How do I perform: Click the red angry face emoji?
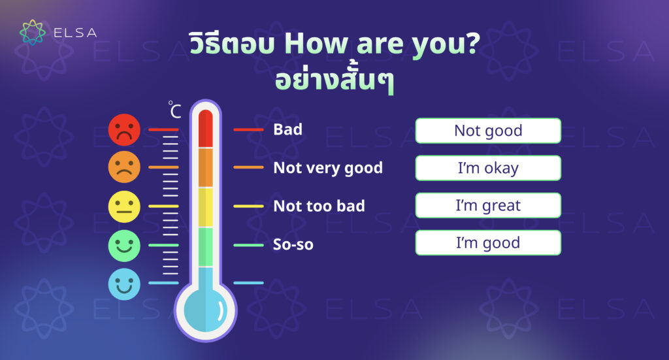[124, 129]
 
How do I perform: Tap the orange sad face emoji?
[124, 167]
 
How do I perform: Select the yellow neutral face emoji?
[124, 206]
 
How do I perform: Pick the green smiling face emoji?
[124, 246]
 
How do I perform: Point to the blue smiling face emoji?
[124, 284]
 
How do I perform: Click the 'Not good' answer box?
[488, 131]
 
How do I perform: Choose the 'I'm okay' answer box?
[488, 168]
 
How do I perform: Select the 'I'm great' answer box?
[488, 205]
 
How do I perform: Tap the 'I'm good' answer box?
[488, 242]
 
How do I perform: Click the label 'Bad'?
[288, 129]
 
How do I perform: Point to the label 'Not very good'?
[328, 168]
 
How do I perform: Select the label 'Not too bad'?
[319, 206]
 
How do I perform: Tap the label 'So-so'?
[293, 244]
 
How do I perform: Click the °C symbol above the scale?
[174, 110]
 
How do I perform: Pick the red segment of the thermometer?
[206, 129]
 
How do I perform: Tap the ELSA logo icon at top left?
[33, 33]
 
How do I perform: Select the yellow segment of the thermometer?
[206, 207]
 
